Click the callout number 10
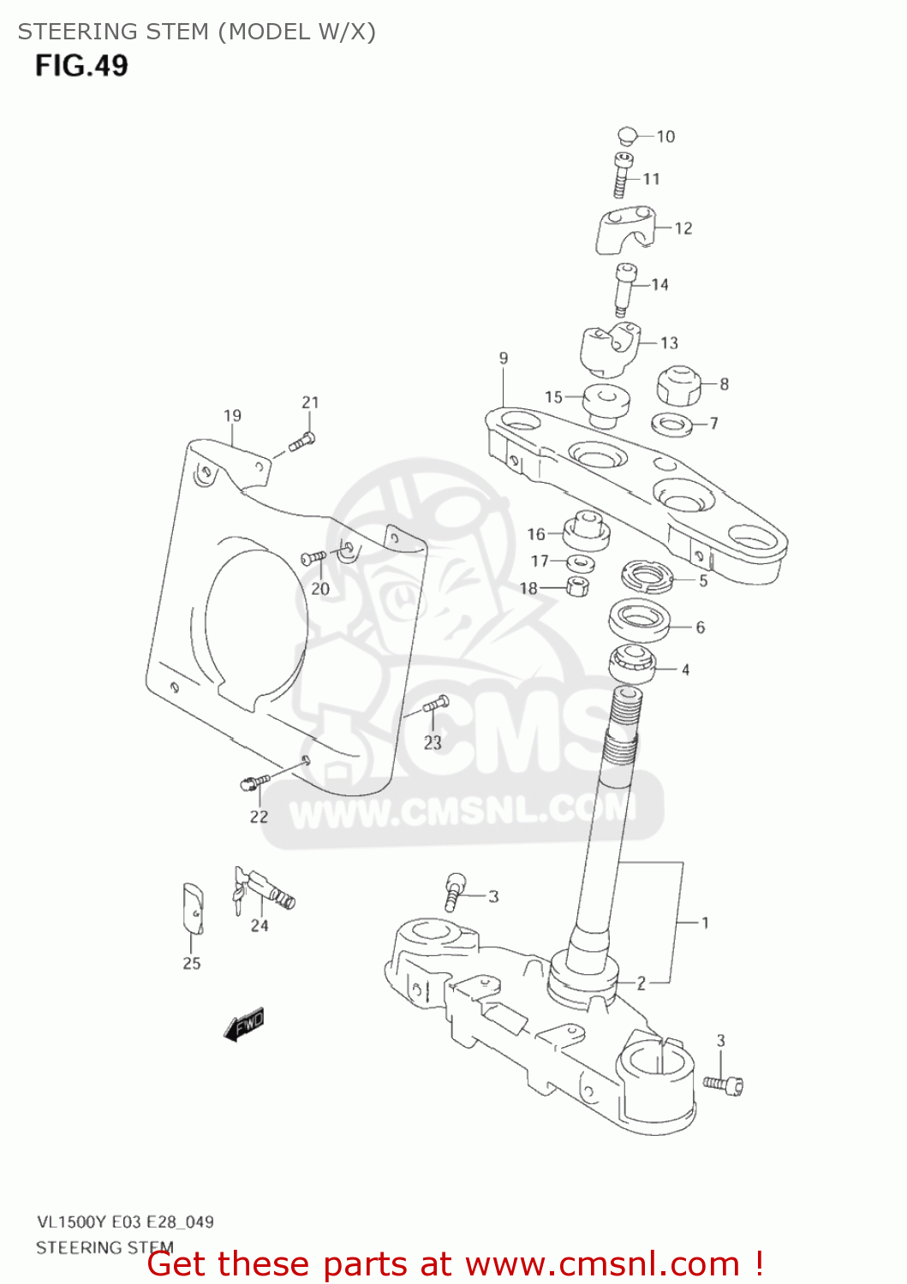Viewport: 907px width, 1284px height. [x=665, y=137]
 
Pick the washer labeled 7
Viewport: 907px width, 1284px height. [x=672, y=423]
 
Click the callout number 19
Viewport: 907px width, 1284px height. [x=232, y=416]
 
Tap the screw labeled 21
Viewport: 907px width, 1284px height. [x=301, y=442]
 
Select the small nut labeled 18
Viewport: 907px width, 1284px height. [x=578, y=587]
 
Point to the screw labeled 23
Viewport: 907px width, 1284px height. [x=436, y=704]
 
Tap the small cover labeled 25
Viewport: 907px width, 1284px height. [x=194, y=909]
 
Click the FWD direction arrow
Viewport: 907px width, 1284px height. [x=244, y=1024]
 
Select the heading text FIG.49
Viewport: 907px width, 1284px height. [x=81, y=66]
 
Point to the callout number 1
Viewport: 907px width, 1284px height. [x=705, y=923]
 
